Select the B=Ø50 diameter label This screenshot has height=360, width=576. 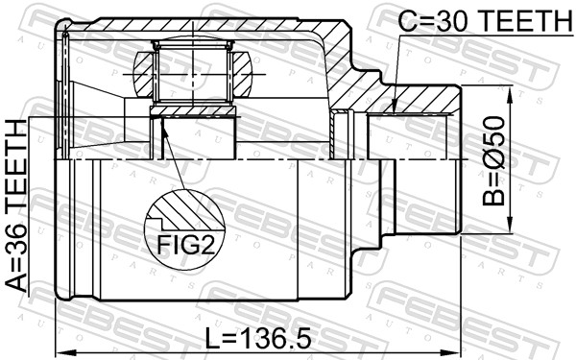[494, 162]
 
